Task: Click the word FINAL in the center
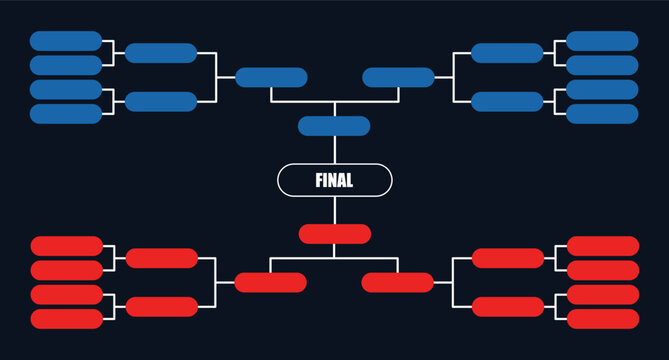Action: pos(334,181)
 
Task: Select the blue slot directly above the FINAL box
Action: pos(334,126)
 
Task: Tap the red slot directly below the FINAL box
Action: pos(335,234)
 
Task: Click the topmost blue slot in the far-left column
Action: pos(66,41)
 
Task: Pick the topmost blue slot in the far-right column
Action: pos(602,41)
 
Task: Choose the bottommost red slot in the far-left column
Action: pos(67,319)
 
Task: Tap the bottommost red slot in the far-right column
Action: pos(603,319)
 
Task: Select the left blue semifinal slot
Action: pos(271,77)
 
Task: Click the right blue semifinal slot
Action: pos(398,77)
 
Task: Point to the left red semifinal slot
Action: pos(270,282)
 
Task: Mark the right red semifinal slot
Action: pos(398,282)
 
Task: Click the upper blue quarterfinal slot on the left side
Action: pos(161,53)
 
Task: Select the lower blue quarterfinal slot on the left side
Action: pos(161,101)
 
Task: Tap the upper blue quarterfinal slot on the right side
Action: pos(507,53)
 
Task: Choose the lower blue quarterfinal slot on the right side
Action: pos(507,101)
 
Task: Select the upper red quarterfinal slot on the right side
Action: pos(508,258)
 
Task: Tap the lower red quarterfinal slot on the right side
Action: pos(508,306)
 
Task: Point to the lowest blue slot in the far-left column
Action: pos(66,113)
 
